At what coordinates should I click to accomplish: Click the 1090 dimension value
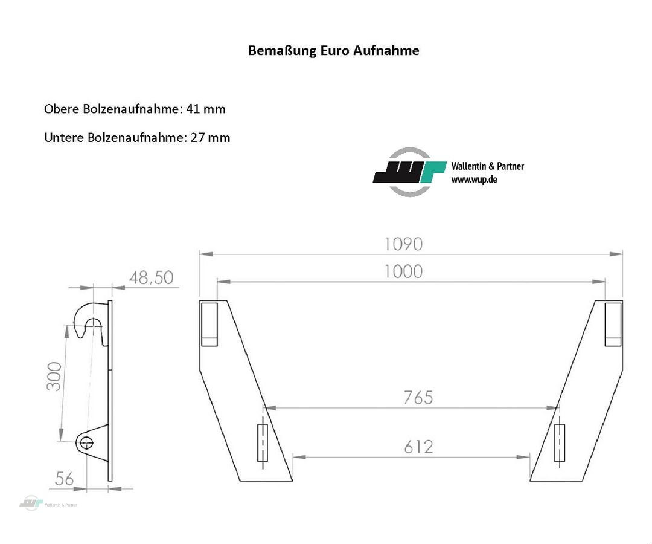point(403,244)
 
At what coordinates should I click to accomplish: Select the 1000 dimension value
point(403,271)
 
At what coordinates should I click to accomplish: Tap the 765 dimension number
point(418,397)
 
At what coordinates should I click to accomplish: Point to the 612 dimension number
point(418,447)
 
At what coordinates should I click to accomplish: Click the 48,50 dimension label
point(151,277)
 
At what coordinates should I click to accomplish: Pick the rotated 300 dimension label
point(54,376)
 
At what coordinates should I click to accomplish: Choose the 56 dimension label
point(64,479)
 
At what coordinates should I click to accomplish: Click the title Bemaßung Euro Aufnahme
point(333,50)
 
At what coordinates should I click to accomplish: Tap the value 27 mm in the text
point(210,137)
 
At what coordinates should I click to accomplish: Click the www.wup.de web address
point(474,180)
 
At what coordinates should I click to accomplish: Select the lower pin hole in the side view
point(85,442)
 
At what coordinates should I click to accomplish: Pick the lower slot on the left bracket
point(262,443)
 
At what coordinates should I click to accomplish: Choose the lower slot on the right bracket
point(560,443)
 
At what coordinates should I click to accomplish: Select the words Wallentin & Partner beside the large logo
point(487,166)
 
